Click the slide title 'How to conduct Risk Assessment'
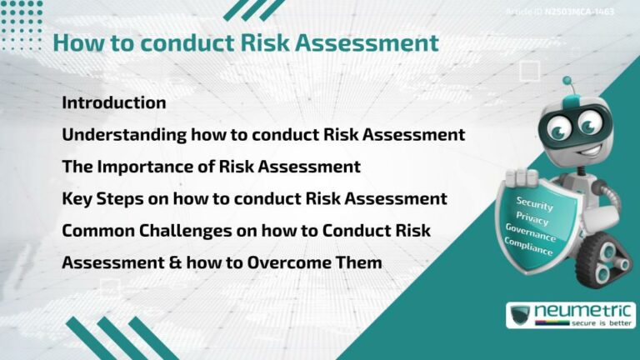click(245, 42)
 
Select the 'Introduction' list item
click(114, 102)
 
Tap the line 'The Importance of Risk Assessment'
click(211, 166)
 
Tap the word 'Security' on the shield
click(534, 202)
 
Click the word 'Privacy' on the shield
click(532, 217)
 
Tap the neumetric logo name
click(582, 311)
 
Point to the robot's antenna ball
click(567, 81)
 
